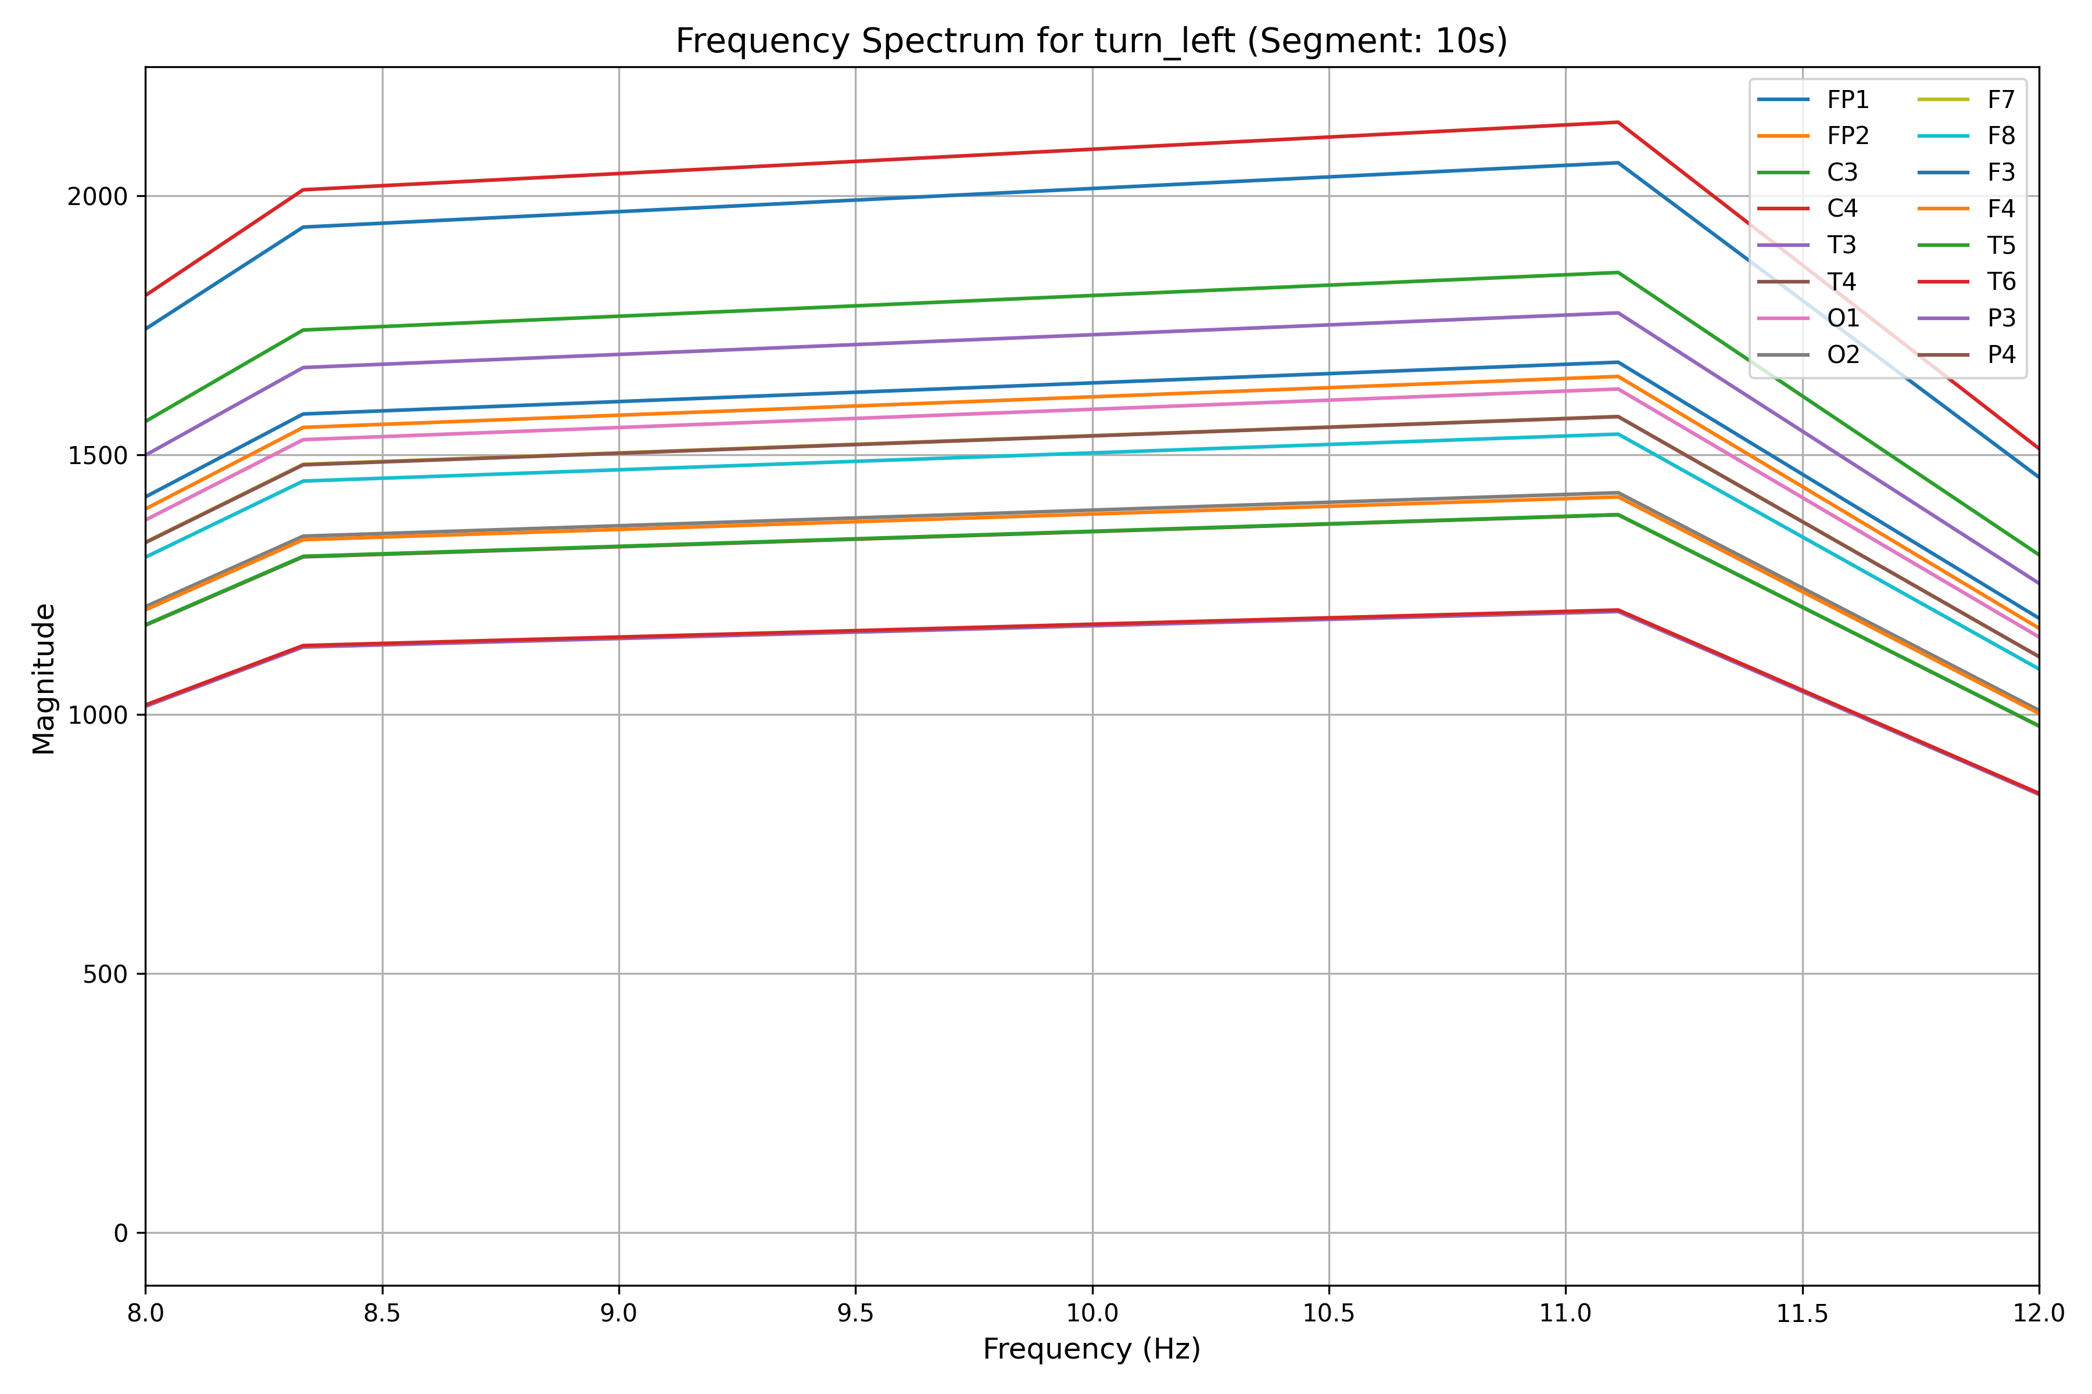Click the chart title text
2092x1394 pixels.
(x=1091, y=41)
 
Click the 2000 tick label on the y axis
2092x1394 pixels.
(x=97, y=196)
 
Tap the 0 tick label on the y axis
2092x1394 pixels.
(x=121, y=1234)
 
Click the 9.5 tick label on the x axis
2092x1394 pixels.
(x=855, y=1314)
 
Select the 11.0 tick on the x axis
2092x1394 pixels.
(x=1566, y=1314)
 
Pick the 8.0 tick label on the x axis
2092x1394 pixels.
(x=146, y=1314)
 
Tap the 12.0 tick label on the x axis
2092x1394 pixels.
(x=2039, y=1314)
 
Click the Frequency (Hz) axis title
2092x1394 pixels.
(x=1091, y=1349)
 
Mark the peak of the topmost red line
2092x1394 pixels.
(x=1618, y=123)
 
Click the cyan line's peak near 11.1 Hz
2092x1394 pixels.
(x=1618, y=434)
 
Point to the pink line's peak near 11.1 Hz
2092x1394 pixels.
(x=1618, y=389)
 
